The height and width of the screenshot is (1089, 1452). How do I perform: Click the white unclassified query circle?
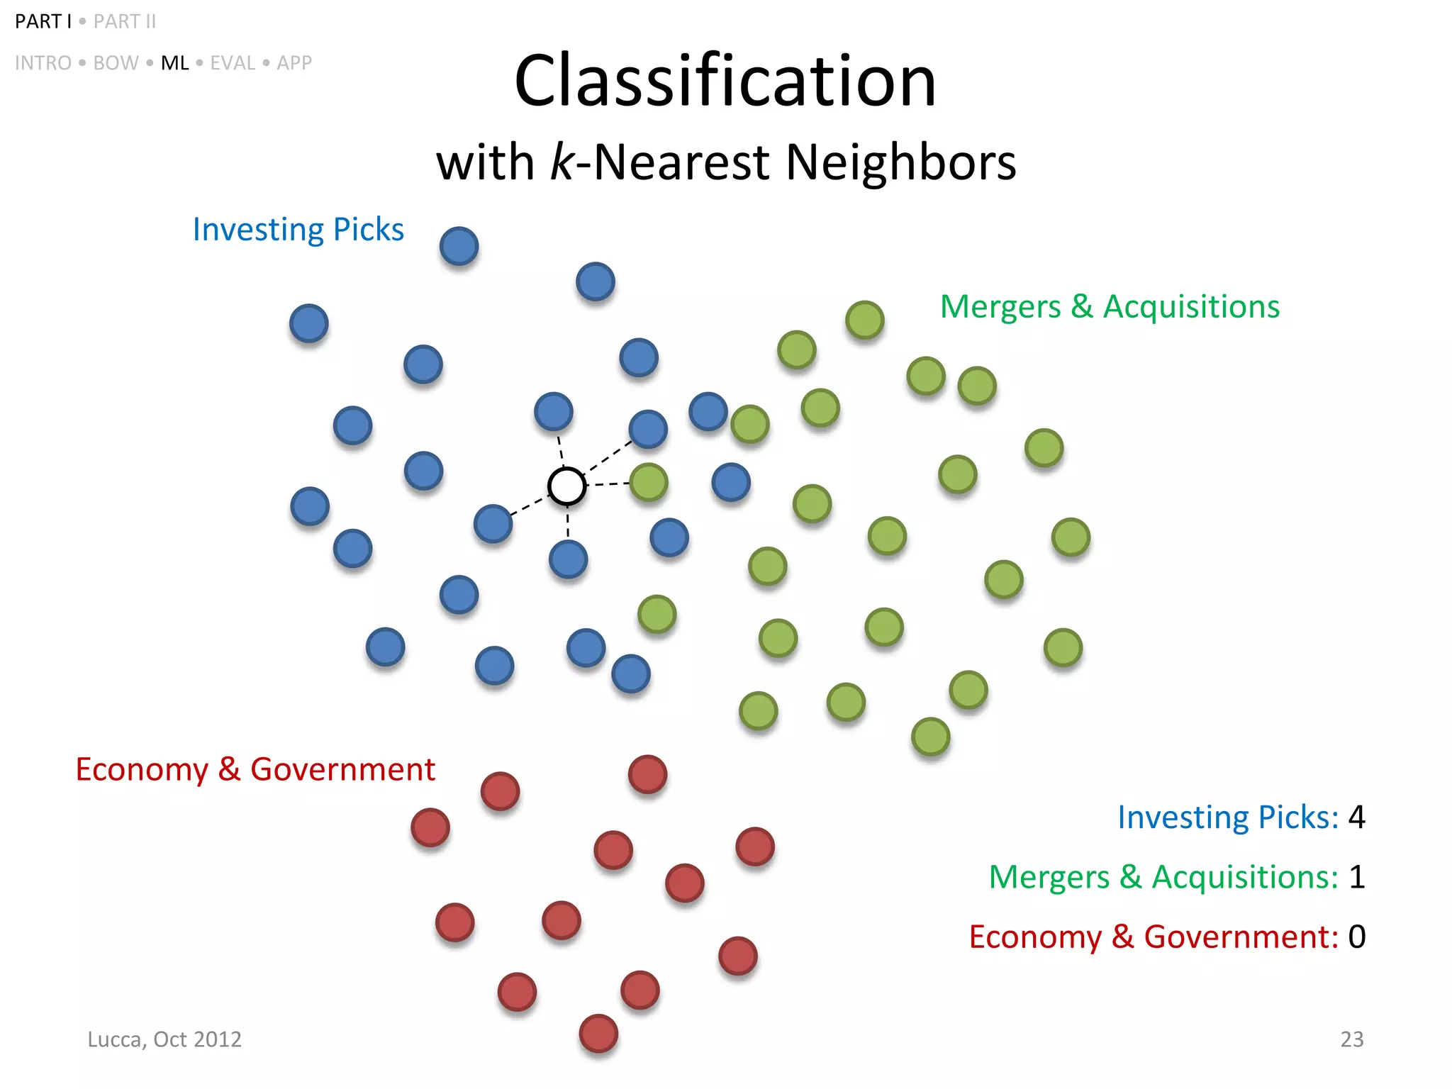(x=567, y=486)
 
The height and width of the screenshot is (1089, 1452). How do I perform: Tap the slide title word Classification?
(x=725, y=81)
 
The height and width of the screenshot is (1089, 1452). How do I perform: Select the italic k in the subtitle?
(x=562, y=162)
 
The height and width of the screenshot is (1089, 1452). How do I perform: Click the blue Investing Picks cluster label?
(x=298, y=230)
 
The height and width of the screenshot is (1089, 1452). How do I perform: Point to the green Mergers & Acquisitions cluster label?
(x=1110, y=307)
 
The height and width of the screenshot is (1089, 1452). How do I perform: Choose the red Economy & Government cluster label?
(x=255, y=770)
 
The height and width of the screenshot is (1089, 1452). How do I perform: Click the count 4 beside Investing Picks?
(x=1356, y=817)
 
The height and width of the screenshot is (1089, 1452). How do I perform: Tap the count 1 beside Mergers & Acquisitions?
(x=1356, y=877)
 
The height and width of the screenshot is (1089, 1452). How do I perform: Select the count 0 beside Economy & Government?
(x=1356, y=937)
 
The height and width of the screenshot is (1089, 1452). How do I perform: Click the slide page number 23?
(x=1351, y=1039)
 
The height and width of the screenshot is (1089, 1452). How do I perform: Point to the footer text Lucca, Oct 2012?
(x=164, y=1039)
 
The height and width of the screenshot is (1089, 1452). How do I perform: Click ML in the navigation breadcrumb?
(x=174, y=63)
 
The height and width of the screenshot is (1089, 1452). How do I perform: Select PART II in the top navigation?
(x=125, y=22)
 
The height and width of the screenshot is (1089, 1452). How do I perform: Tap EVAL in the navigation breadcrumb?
(x=232, y=63)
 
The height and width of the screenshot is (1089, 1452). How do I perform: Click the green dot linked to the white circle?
(x=649, y=483)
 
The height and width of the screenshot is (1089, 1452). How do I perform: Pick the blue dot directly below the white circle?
(x=568, y=559)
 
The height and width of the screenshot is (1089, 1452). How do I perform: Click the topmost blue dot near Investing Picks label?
(x=459, y=246)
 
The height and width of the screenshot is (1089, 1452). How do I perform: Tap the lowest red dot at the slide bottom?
(x=598, y=1034)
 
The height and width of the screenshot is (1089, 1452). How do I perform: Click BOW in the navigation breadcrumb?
(x=116, y=63)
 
